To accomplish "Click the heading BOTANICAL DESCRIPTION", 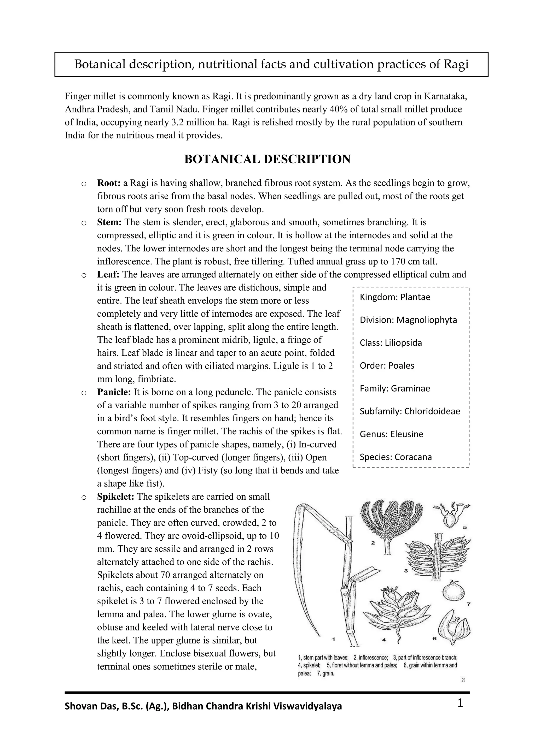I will pos(267,159).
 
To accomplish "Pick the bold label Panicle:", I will pos(114,392).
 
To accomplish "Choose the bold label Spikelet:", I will pos(116,497).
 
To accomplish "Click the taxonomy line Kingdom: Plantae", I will pos(395,297).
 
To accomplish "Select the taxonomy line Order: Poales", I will pos(387,365).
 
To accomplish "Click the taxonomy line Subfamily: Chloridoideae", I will pos(410,411).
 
